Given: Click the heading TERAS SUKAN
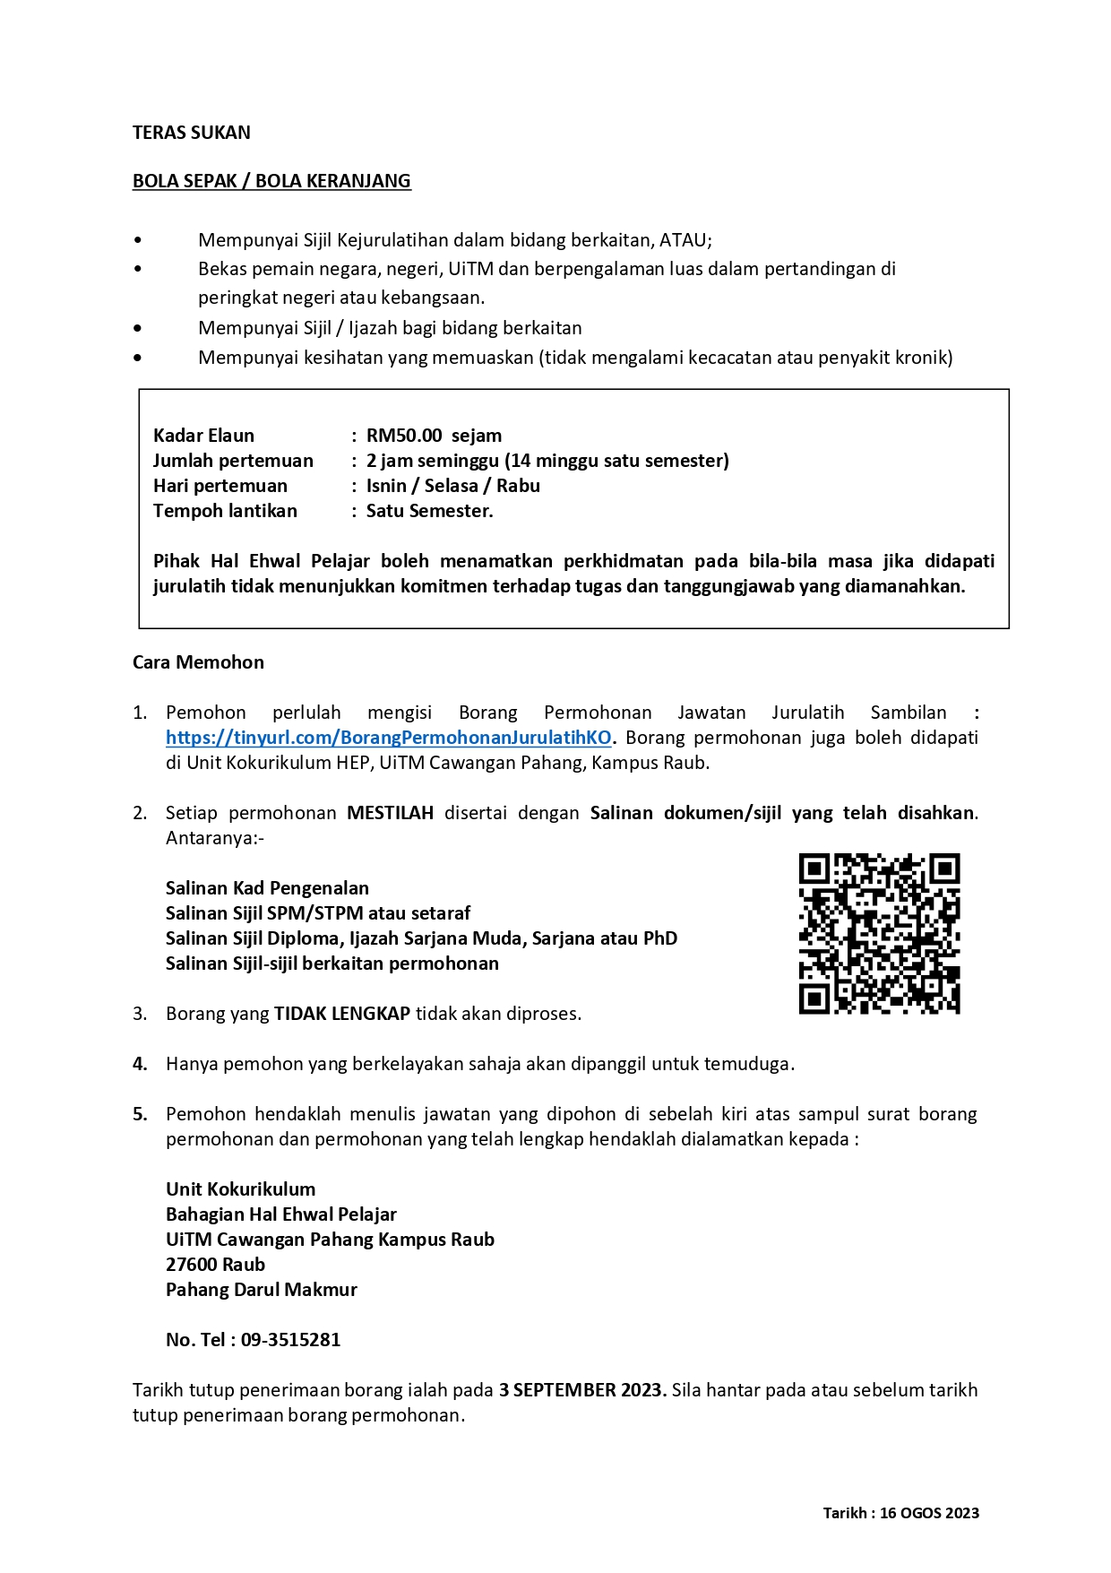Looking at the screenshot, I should [x=191, y=133].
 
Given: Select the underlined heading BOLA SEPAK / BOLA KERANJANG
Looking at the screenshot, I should [x=271, y=181].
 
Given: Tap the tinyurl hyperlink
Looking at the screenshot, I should [x=389, y=738].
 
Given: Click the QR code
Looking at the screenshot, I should [x=879, y=933].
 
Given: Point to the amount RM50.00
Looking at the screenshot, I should [x=404, y=436].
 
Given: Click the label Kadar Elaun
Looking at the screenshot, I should [x=203, y=436].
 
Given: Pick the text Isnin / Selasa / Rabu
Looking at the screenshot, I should [x=452, y=486].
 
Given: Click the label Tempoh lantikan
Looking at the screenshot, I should [x=225, y=511].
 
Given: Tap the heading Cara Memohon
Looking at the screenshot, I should [x=198, y=662].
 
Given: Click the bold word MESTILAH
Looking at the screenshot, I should [x=390, y=813].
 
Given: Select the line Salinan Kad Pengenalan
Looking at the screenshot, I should [x=267, y=888].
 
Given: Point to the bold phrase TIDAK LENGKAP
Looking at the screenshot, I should [x=341, y=1014].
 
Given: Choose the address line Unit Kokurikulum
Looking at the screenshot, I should [x=240, y=1189].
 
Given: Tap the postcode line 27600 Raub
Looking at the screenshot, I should [x=215, y=1265].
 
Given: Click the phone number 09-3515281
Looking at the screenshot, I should [x=290, y=1340].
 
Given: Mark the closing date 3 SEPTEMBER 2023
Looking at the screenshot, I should [x=582, y=1390].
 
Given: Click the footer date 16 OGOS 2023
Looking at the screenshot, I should [x=929, y=1513].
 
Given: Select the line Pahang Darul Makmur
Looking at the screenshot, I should [x=261, y=1290].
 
